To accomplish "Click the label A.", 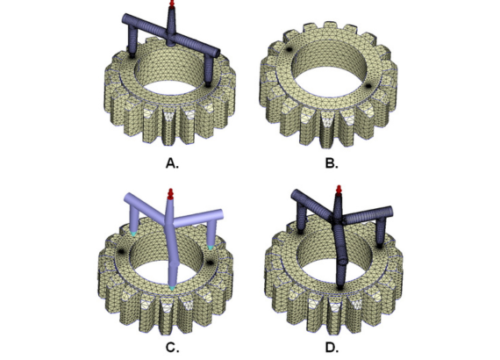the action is point(172,163).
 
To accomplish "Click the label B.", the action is point(332,163).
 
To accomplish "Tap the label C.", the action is point(172,347).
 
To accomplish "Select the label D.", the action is point(332,347).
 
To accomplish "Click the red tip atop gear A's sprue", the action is point(172,4).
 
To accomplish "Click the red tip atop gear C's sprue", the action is point(170,194).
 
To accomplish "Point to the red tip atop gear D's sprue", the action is point(339,190).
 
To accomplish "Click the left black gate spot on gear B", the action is point(289,49).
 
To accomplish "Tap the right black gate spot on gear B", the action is point(368,85).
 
